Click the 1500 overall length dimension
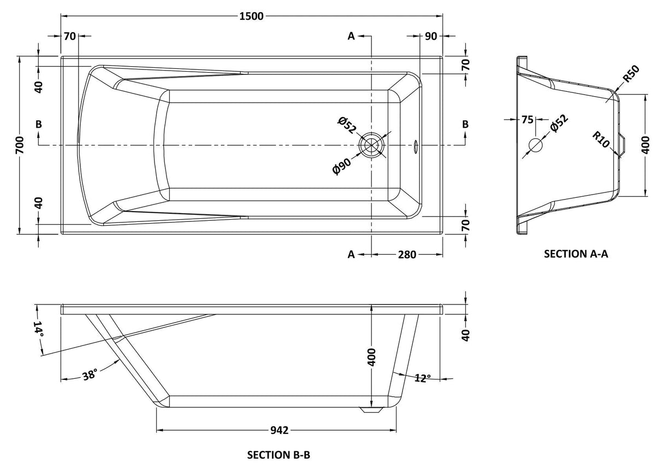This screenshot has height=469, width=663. [x=252, y=16]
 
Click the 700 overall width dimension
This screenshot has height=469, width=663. [x=20, y=145]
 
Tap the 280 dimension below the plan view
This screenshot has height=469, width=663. [x=407, y=255]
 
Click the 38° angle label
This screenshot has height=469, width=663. [x=90, y=374]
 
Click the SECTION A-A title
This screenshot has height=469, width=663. [x=576, y=254]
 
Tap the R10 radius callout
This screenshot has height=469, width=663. [x=602, y=140]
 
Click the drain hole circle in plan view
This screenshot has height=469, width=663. [x=372, y=145]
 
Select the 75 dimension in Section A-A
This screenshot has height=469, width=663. [x=527, y=119]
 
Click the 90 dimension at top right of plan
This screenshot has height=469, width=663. [x=430, y=37]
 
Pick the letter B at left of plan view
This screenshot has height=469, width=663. [x=38, y=124]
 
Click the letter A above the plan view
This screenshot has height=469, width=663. [x=352, y=36]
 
